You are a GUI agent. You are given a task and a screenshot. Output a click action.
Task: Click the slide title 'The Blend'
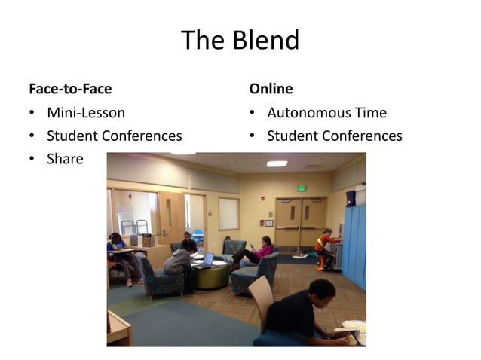[x=240, y=40]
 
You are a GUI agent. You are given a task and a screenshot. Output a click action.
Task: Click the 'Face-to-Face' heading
[x=70, y=89]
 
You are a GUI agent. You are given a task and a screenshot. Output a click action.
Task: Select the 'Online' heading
[x=271, y=89]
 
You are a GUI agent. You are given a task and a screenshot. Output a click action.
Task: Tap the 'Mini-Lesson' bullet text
[x=86, y=113]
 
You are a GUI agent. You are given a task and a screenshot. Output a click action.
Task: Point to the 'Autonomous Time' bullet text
[x=326, y=113]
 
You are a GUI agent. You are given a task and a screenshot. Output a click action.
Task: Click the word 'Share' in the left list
[x=65, y=159]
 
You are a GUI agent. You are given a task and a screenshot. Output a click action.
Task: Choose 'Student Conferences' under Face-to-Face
[x=114, y=136]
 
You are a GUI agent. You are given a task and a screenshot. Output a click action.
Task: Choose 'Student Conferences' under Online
[x=334, y=136]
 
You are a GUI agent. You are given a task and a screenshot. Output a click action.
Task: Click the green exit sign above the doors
[x=302, y=188]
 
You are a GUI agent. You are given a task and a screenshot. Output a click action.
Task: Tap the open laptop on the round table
[x=206, y=260]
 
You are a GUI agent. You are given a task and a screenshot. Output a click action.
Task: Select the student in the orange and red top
[x=325, y=245]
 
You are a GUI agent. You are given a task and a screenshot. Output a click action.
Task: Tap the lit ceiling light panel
[x=277, y=163]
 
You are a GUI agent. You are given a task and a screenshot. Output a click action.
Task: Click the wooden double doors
[x=300, y=223]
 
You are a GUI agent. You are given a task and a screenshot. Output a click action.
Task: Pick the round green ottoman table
[x=210, y=275]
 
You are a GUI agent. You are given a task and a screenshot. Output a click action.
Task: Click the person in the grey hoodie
[x=179, y=264]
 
